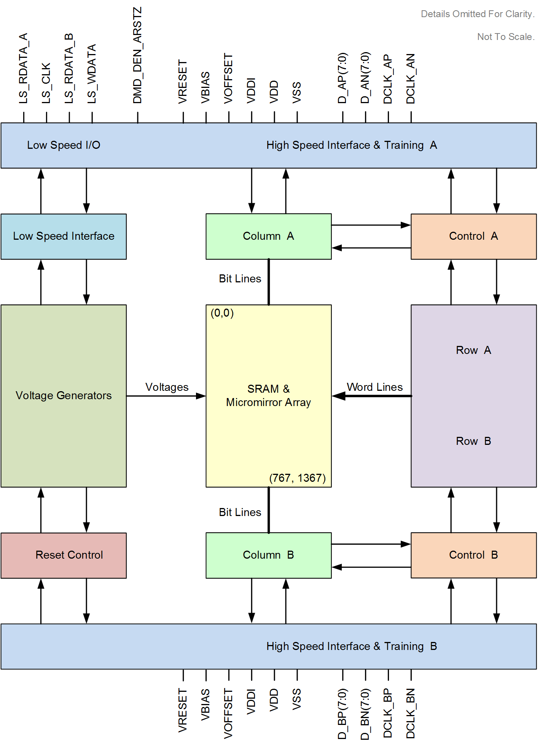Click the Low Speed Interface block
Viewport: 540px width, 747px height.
(x=64, y=236)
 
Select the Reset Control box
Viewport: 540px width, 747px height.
(x=64, y=555)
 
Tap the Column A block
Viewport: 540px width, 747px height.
(x=268, y=236)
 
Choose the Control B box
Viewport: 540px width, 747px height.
(x=473, y=555)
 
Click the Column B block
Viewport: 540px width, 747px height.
(x=268, y=555)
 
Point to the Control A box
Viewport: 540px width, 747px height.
(x=473, y=236)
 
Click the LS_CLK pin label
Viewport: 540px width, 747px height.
(x=46, y=83)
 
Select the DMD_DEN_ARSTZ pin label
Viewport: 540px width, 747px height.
(x=137, y=55)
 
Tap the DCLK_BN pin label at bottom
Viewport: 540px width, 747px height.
(x=411, y=713)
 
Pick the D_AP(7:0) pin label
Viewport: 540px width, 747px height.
(x=342, y=78)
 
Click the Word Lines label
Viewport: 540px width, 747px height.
(x=374, y=387)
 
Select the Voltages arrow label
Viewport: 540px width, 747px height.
(x=167, y=387)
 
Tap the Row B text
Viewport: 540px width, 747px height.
(x=473, y=441)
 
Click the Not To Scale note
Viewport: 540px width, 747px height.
(x=506, y=37)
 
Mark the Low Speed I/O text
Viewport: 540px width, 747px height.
(x=64, y=145)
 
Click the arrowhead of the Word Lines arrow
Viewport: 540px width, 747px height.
(x=338, y=396)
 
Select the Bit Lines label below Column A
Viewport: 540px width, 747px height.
(x=240, y=279)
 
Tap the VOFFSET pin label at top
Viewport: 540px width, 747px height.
(x=228, y=78)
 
